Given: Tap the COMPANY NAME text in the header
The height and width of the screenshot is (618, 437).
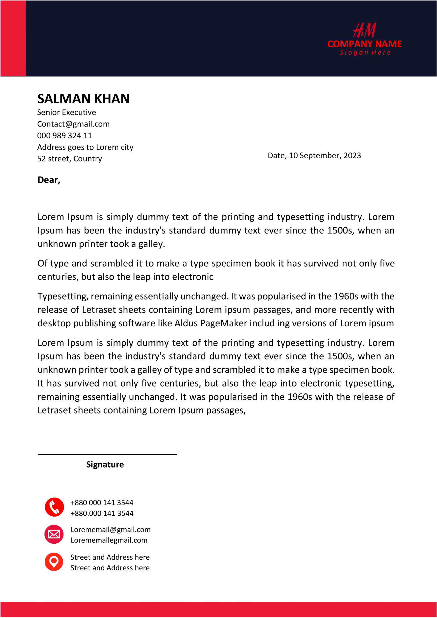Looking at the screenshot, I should click(x=364, y=44).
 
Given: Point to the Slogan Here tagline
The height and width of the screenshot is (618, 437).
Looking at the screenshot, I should click(x=365, y=52).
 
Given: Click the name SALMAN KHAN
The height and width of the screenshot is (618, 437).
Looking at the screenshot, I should click(x=83, y=99).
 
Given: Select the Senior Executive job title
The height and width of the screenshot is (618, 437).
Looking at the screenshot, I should click(x=66, y=112).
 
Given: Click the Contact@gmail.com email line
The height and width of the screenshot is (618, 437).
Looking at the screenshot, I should click(x=73, y=124).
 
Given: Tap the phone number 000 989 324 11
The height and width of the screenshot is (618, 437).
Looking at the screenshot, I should click(x=64, y=135).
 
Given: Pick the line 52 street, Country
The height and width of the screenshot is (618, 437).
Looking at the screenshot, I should click(x=70, y=159).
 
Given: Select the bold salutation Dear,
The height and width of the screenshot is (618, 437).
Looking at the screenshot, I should click(x=49, y=180).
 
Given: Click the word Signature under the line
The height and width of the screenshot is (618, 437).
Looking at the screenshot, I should click(x=105, y=464).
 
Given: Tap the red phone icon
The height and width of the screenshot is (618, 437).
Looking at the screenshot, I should click(x=54, y=507).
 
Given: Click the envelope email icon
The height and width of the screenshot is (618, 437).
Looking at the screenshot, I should click(x=54, y=534).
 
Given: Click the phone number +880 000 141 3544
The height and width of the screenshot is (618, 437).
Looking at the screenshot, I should click(x=102, y=503).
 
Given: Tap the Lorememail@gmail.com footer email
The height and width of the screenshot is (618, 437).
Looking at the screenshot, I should click(x=110, y=529).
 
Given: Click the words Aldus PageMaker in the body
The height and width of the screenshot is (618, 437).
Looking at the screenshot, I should click(x=211, y=323).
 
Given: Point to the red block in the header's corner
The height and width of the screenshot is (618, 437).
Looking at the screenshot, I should click(x=13, y=38).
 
